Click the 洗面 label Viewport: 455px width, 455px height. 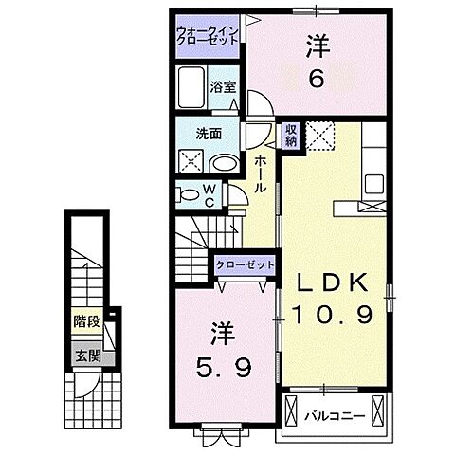tap(209, 134)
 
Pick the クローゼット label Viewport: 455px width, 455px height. tap(246, 266)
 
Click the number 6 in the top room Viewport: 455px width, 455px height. tap(318, 81)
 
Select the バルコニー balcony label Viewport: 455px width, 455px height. tap(335, 414)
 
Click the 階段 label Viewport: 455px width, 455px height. tap(87, 320)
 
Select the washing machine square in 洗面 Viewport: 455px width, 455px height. tap(190, 161)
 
